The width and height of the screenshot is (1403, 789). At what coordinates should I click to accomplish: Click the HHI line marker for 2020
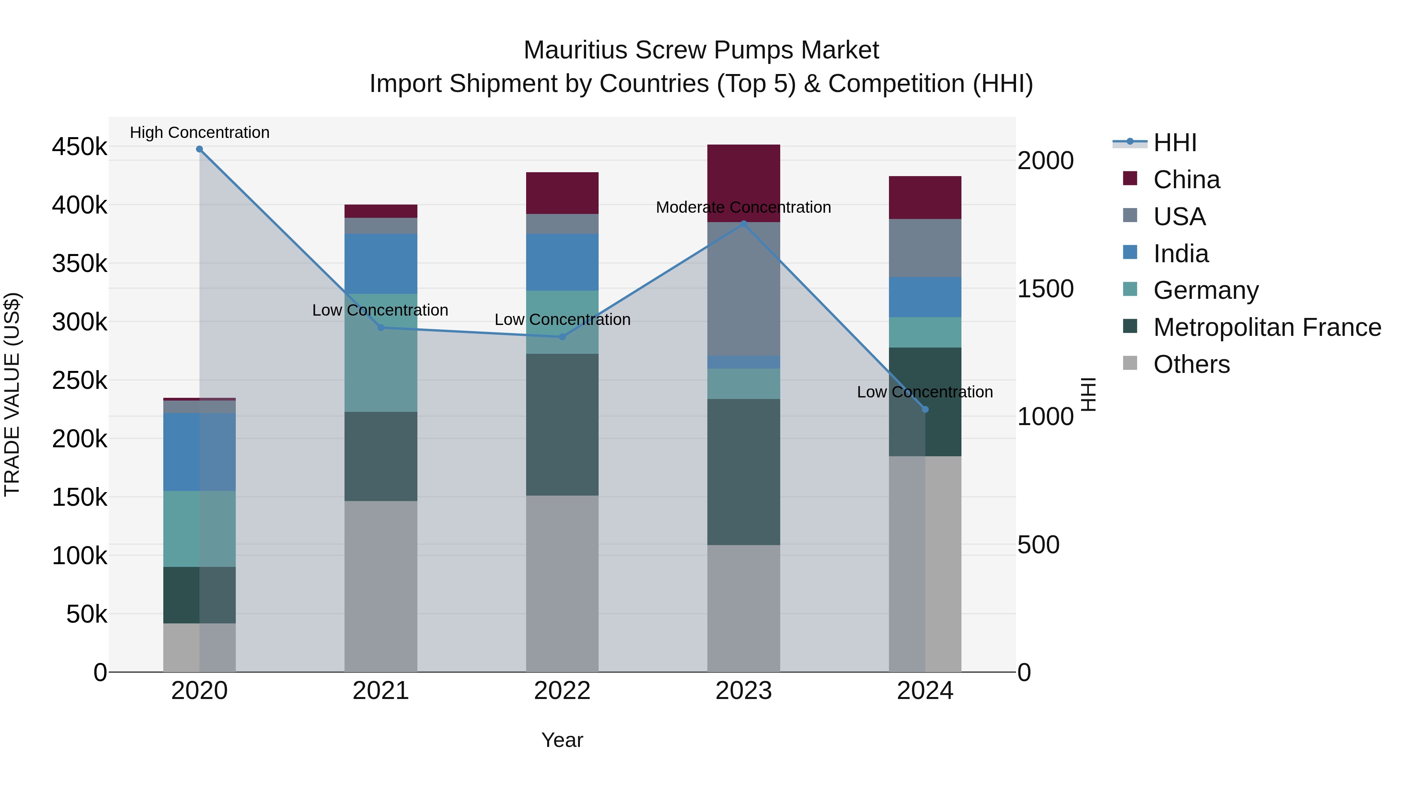click(199, 149)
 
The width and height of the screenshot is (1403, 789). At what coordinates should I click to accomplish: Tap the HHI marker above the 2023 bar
click(744, 224)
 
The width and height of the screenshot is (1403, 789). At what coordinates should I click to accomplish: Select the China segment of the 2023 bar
click(744, 183)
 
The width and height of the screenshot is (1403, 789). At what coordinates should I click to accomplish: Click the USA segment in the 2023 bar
click(744, 289)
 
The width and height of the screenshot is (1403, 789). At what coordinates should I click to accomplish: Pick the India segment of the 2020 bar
click(199, 452)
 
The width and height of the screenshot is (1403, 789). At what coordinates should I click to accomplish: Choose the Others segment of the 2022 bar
click(562, 583)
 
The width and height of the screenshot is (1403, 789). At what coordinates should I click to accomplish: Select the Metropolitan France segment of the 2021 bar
click(381, 456)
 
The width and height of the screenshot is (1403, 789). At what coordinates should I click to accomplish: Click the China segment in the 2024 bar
click(925, 197)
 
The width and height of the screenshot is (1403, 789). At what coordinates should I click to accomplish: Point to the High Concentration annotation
click(199, 133)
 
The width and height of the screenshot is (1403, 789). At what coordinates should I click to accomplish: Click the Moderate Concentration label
click(744, 207)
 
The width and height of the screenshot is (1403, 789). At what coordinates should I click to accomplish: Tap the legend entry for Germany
click(1205, 290)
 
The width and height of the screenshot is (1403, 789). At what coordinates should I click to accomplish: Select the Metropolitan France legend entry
click(1267, 327)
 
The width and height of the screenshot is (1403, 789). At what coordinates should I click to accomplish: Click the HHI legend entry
click(1174, 143)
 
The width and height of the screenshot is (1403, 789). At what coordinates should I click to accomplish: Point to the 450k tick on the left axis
click(80, 147)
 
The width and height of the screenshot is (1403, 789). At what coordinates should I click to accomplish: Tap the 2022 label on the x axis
click(562, 691)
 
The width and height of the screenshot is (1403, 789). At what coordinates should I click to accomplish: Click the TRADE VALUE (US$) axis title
click(12, 394)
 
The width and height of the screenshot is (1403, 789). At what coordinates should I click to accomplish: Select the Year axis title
click(562, 740)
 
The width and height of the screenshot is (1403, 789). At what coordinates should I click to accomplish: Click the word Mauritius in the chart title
click(575, 50)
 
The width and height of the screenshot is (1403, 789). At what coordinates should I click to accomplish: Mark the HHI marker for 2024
click(925, 410)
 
